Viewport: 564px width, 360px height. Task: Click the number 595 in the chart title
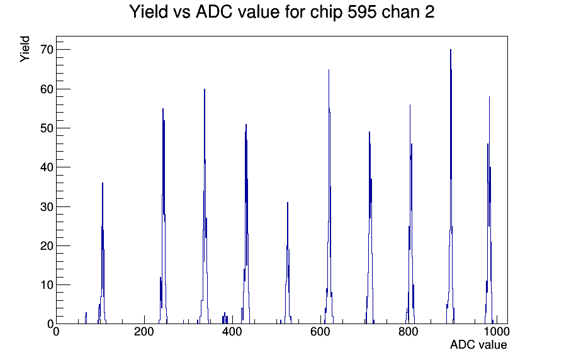point(362,12)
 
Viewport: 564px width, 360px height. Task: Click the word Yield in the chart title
point(149,11)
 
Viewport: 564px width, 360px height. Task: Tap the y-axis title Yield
point(25,49)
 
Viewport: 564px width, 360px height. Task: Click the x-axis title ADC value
point(478,344)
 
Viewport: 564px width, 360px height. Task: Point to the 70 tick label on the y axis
point(47,50)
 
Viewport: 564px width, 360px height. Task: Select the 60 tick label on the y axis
point(47,89)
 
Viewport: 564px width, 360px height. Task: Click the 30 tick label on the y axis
point(47,206)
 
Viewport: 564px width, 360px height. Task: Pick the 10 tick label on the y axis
point(47,285)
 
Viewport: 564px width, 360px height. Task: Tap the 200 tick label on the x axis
point(144,332)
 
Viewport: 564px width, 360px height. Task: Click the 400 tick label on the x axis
point(232,332)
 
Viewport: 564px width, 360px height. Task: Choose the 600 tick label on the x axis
point(320,332)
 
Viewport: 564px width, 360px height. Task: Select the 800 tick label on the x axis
point(409,332)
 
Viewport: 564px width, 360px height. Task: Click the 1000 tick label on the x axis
point(496,332)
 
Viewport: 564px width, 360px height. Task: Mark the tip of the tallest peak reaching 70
point(450,50)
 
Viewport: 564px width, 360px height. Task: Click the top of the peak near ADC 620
point(329,69)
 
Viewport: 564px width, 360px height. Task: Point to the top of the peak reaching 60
point(205,89)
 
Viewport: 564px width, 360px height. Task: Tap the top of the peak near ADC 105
point(103,183)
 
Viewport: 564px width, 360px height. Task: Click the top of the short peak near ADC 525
point(288,203)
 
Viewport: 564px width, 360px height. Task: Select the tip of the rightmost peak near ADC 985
point(489,97)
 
